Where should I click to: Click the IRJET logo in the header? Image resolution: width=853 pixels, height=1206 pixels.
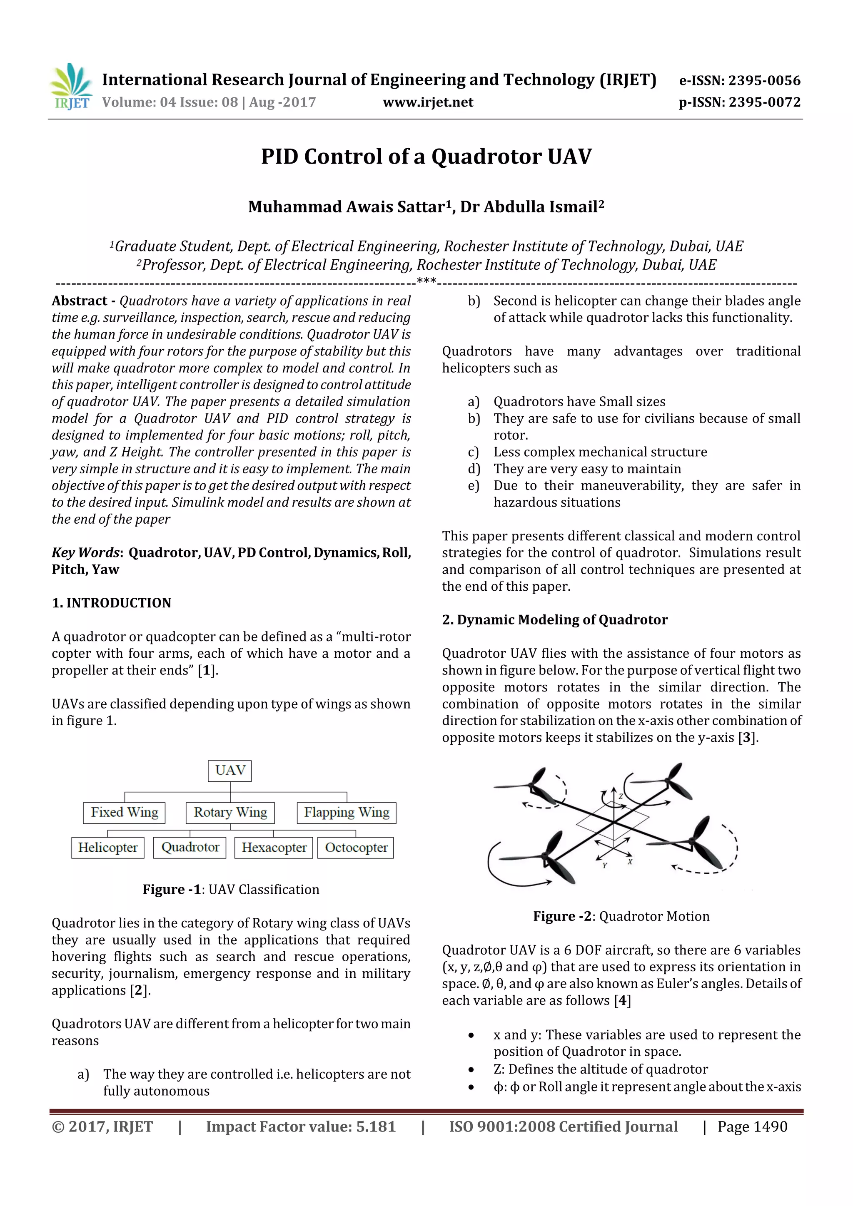[x=71, y=86]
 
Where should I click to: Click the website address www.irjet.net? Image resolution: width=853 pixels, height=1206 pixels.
[x=428, y=102]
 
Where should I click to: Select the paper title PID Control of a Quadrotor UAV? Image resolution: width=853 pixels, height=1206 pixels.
[x=426, y=157]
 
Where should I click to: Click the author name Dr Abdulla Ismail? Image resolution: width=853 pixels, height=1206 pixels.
[x=532, y=207]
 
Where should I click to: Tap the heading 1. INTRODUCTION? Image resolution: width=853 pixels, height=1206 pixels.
[x=112, y=602]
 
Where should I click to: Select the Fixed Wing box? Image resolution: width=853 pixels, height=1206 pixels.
[x=125, y=813]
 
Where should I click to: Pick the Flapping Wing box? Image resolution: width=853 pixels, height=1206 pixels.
[x=347, y=813]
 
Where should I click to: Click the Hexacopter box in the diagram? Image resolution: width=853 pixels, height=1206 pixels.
[x=274, y=848]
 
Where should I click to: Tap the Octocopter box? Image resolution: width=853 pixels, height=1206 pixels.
[x=356, y=848]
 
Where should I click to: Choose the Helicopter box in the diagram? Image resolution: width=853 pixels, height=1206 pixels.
[x=108, y=848]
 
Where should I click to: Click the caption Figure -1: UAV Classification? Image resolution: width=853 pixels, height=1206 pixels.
[x=231, y=889]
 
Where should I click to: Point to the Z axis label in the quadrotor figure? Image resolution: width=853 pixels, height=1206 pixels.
[x=621, y=796]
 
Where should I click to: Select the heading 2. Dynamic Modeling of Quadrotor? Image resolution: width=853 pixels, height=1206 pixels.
[x=554, y=620]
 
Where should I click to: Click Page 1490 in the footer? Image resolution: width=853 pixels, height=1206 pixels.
[x=752, y=1126]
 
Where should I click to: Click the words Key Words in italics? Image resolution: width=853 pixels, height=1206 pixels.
[x=86, y=552]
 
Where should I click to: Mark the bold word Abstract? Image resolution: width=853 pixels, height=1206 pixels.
[x=80, y=301]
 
